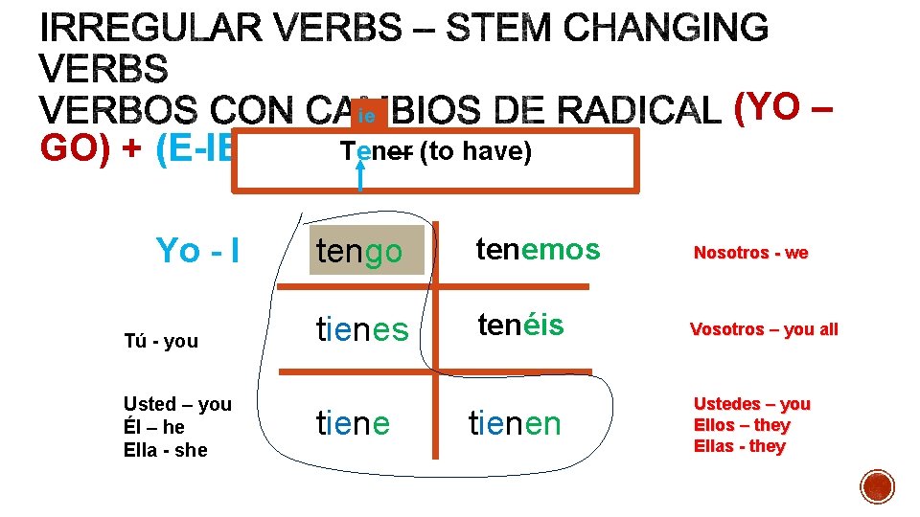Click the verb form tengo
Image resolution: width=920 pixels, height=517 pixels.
point(359,252)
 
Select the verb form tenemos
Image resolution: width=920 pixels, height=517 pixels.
point(538,250)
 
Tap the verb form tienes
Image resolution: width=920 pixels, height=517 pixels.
point(362,329)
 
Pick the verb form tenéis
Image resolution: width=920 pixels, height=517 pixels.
point(520,326)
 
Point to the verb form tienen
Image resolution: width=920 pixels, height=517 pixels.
point(515,422)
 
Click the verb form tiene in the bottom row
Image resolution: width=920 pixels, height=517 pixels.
point(353,422)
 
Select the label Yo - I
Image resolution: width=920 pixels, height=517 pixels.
point(197,251)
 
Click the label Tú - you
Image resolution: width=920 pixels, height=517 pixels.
point(161,341)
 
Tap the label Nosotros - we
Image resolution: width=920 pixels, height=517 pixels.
point(750,253)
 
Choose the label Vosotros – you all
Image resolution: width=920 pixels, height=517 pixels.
point(764,329)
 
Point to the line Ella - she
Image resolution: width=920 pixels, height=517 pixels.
point(165,450)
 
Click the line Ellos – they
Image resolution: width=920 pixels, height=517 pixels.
point(742,425)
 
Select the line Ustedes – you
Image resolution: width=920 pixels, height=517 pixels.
point(752,404)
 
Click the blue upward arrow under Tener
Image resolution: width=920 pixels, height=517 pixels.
point(360,177)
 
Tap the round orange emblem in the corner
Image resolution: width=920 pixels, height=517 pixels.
point(878,486)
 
